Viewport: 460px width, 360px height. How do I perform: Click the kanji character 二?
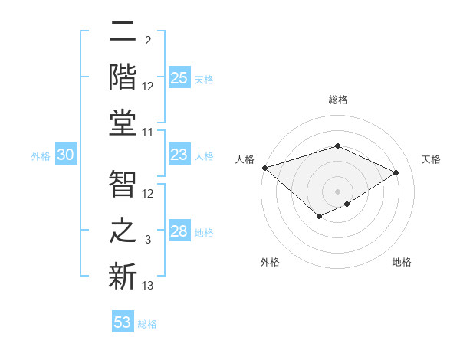tap(123, 33)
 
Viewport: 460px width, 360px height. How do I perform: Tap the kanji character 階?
tap(123, 77)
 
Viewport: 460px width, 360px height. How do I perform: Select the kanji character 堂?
tap(123, 123)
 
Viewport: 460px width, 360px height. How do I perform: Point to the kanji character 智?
tap(123, 185)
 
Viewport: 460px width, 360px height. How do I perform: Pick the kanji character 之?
tap(123, 231)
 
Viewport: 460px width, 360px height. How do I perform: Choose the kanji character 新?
tap(123, 276)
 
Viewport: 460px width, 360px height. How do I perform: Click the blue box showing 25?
tap(179, 78)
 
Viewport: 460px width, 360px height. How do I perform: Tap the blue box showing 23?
tap(179, 155)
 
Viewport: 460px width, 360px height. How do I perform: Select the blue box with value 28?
tap(179, 231)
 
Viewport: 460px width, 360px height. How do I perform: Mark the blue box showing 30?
tap(66, 155)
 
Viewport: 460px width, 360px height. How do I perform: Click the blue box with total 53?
tap(123, 322)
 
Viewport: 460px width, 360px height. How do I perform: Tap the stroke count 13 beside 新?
tap(149, 286)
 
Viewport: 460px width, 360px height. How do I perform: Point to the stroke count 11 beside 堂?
tap(149, 133)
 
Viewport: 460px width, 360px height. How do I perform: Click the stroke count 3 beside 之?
tap(149, 241)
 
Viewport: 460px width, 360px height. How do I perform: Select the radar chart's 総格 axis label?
tap(338, 100)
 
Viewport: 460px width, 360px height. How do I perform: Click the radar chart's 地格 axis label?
tap(402, 263)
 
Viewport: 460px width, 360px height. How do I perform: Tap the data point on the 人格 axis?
tap(264, 168)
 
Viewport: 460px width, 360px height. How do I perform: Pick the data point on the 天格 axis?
tap(396, 172)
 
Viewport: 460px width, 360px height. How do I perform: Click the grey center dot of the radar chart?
tap(337, 191)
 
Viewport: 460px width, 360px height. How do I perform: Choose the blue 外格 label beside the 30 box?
tap(41, 155)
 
